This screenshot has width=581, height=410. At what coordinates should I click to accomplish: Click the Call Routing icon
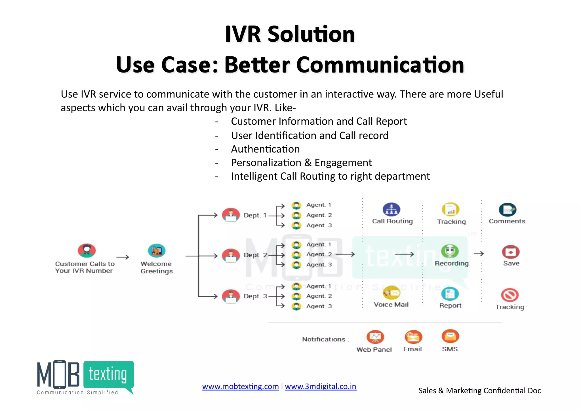coord(391,210)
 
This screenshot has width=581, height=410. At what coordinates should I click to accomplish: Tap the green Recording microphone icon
coord(450,251)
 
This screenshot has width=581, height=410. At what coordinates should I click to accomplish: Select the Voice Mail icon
coord(391,293)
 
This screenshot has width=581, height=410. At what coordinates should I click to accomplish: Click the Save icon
coord(511,252)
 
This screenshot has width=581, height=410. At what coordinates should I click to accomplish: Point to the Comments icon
coord(507,210)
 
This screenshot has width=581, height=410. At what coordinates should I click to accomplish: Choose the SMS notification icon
coord(450,336)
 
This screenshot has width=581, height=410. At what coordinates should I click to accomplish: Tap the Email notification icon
coord(413,337)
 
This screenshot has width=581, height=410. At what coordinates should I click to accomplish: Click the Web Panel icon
coord(375,337)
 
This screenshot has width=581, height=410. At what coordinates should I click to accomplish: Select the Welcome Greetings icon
coord(157,250)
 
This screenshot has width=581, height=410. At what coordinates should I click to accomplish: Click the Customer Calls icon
coord(87,250)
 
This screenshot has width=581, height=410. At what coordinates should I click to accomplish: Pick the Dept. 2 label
coord(255,255)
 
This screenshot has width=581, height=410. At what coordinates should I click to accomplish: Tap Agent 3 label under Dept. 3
coord(319,306)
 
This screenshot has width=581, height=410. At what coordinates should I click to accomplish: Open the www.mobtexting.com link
coord(240,386)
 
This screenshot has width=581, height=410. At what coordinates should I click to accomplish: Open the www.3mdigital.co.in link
coord(321,386)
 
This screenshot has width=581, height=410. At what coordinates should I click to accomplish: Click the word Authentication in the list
coord(265,149)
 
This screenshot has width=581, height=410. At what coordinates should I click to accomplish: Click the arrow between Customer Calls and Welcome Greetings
coord(123,257)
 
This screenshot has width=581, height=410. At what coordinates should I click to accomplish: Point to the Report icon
coord(450,294)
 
